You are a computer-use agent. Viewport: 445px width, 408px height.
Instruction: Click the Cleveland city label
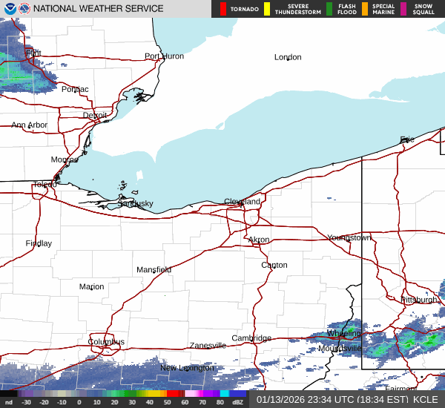click(x=243, y=202)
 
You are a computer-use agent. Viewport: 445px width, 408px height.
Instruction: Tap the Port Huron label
click(x=164, y=56)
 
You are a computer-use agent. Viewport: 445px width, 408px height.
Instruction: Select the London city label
click(x=288, y=57)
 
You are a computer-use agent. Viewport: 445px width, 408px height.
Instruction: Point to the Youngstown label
click(x=349, y=237)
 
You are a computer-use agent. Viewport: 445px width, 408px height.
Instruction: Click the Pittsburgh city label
click(x=420, y=300)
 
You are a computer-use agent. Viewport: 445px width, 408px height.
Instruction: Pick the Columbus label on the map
click(x=106, y=342)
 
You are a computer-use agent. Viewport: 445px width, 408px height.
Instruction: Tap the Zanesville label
click(x=208, y=346)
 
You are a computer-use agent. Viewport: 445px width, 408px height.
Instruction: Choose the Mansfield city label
click(x=154, y=270)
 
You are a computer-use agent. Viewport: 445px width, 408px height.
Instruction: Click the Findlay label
click(x=39, y=243)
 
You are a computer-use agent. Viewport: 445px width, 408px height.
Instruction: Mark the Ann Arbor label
click(x=29, y=125)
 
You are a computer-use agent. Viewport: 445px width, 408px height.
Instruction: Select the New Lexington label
click(x=188, y=368)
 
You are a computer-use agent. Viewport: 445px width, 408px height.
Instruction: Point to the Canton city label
click(x=274, y=265)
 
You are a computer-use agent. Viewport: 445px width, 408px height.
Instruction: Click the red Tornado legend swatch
click(x=223, y=9)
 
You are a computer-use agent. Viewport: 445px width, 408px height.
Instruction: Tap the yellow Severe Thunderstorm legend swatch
click(x=266, y=9)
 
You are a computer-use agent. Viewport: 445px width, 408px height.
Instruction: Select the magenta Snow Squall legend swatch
click(x=404, y=9)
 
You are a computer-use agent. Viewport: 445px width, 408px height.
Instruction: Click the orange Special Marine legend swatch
click(x=364, y=9)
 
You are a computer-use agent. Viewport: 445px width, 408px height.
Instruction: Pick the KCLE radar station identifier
click(x=426, y=399)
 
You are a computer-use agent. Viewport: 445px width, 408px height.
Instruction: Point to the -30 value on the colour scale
click(x=26, y=402)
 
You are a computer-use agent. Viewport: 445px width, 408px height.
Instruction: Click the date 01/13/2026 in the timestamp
click(x=281, y=399)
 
